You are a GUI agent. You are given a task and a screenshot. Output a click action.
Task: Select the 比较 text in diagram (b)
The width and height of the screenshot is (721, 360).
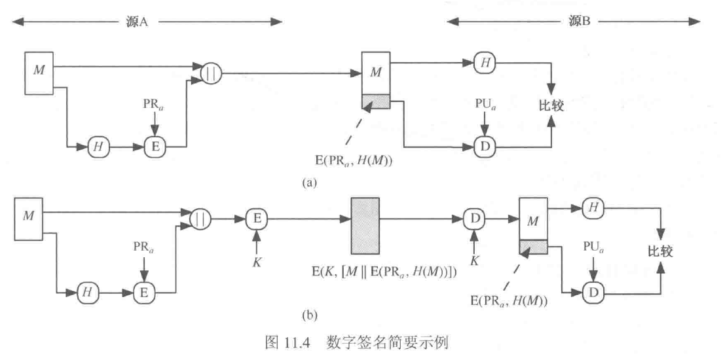tap(661, 251)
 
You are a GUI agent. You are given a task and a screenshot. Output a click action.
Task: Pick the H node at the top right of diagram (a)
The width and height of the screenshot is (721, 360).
tap(485, 63)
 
